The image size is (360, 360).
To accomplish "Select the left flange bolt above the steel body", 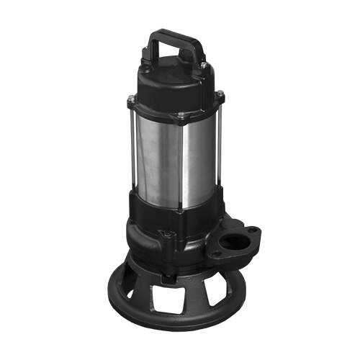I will [x=131, y=99].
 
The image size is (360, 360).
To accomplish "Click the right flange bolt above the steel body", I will [x=220, y=94].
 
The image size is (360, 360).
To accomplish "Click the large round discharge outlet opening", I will [x=233, y=243].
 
